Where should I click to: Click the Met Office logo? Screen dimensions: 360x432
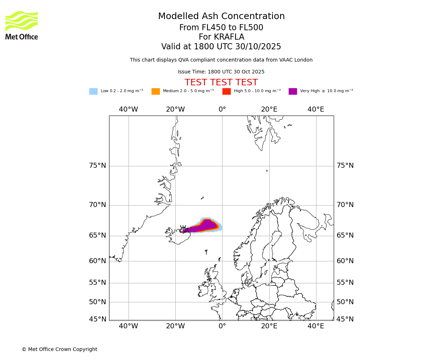pyautogui.click(x=22, y=25)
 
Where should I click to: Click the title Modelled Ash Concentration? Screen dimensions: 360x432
pyautogui.click(x=221, y=17)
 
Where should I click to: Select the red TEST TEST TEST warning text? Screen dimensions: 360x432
pyautogui.click(x=221, y=82)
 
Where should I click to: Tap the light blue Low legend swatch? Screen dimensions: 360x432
pyautogui.click(x=93, y=91)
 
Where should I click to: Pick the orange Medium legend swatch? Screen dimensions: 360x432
pyautogui.click(x=156, y=91)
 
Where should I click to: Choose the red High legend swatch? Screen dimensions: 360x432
pyautogui.click(x=226, y=91)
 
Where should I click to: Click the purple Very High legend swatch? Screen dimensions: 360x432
pyautogui.click(x=293, y=91)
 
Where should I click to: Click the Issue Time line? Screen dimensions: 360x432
pyautogui.click(x=221, y=72)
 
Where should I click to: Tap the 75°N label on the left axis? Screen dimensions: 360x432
pyautogui.click(x=98, y=166)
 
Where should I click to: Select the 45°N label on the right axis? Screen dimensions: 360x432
pyautogui.click(x=345, y=319)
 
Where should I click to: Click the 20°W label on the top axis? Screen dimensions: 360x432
pyautogui.click(x=175, y=109)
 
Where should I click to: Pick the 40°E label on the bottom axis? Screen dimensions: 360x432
pyautogui.click(x=316, y=326)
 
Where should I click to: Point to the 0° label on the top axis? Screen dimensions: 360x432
pyautogui.click(x=222, y=109)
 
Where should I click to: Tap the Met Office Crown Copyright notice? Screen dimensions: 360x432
pyautogui.click(x=59, y=350)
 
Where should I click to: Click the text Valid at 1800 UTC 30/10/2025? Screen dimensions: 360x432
pyautogui.click(x=221, y=47)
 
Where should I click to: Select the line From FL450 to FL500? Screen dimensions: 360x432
pyautogui.click(x=221, y=28)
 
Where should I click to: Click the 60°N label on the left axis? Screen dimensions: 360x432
pyautogui.click(x=98, y=261)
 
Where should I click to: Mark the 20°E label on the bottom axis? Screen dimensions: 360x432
pyautogui.click(x=269, y=326)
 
